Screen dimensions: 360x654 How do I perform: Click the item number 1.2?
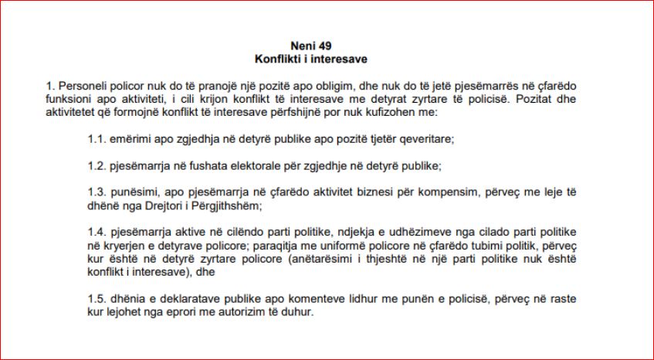click(96, 166)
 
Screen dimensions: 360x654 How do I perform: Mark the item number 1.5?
click(96, 298)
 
